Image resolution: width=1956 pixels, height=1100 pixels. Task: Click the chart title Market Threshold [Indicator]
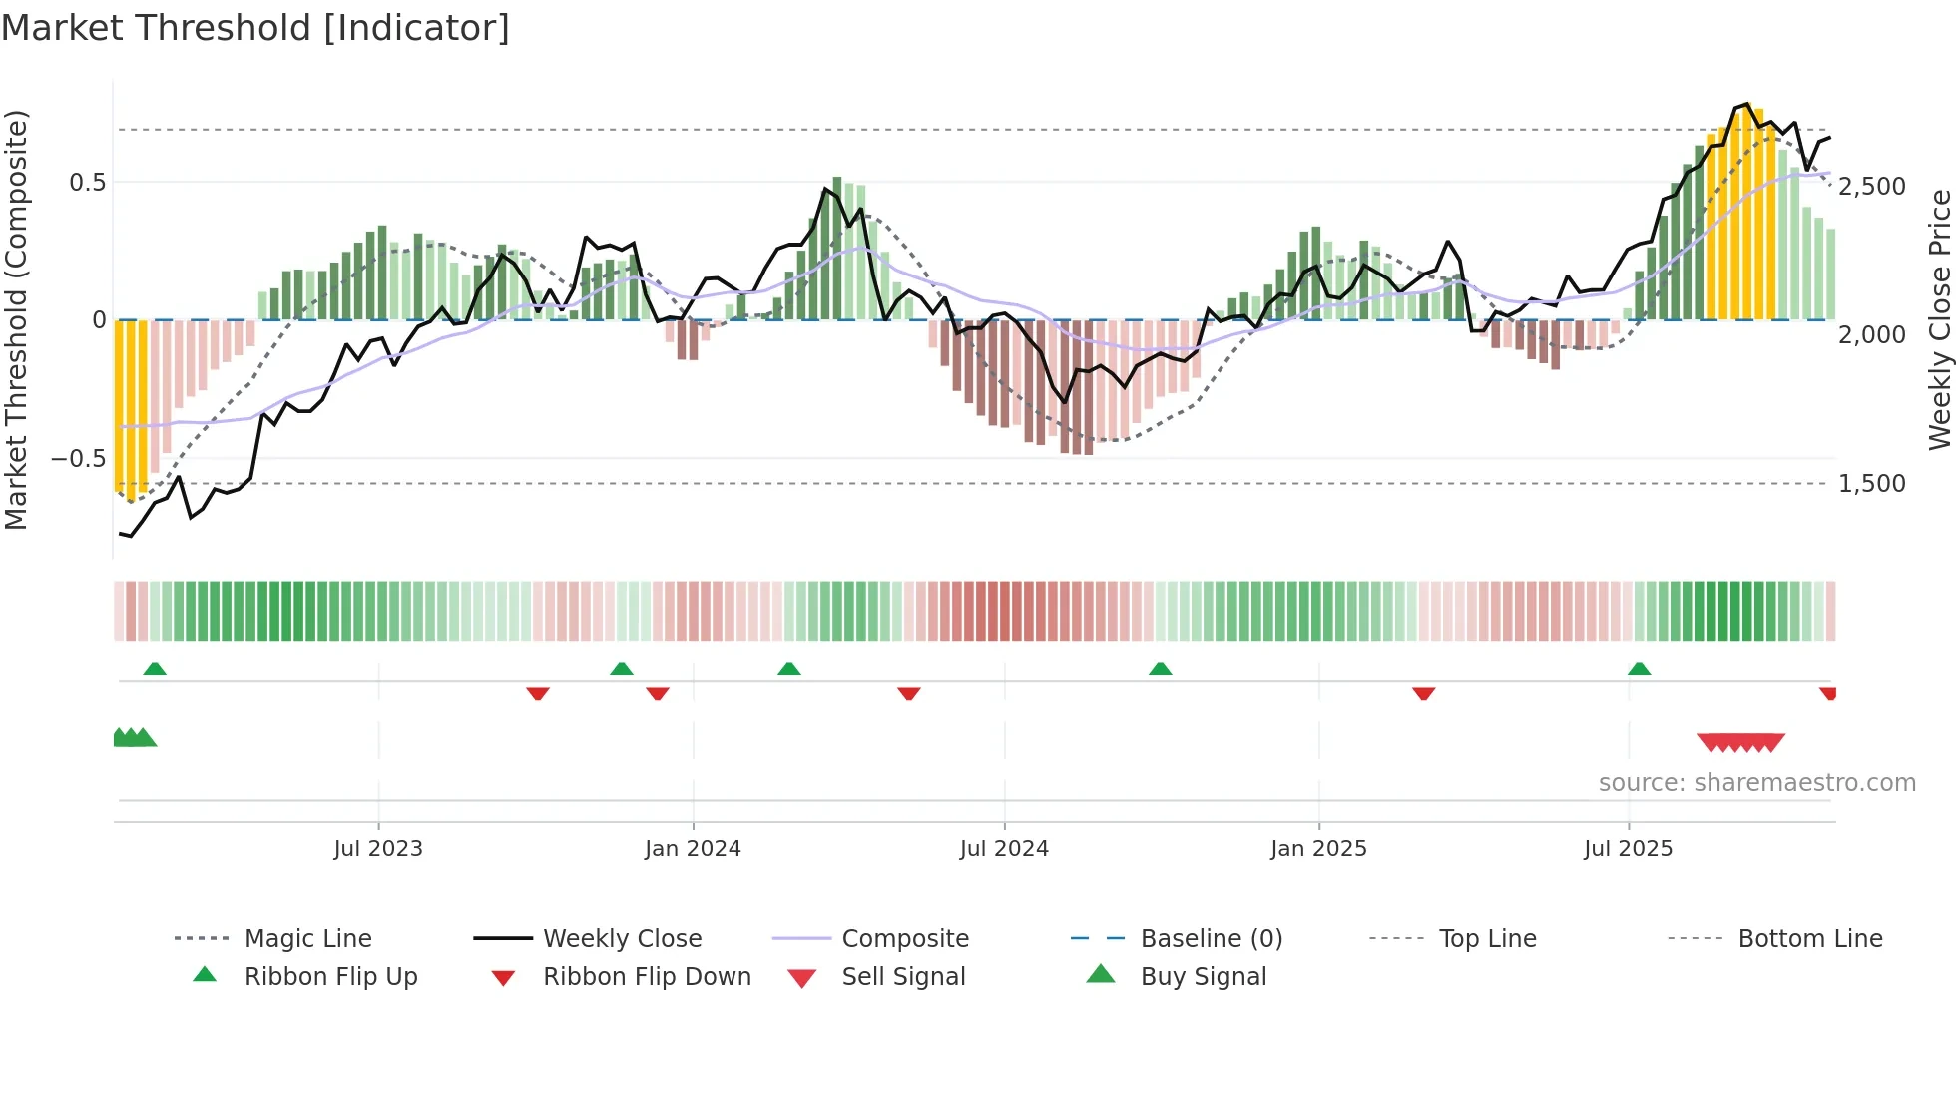tap(255, 28)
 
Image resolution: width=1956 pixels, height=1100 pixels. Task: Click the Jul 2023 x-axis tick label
tap(378, 849)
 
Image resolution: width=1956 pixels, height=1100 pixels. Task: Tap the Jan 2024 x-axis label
tap(693, 849)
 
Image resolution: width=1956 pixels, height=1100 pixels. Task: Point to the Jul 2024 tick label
tap(1004, 849)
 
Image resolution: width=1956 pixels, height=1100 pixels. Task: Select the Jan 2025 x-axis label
tap(1318, 849)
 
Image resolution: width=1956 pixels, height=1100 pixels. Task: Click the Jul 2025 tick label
tap(1628, 849)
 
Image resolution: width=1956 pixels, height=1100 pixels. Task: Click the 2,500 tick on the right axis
tap(1872, 187)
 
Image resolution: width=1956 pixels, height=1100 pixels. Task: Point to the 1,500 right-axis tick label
tap(1872, 484)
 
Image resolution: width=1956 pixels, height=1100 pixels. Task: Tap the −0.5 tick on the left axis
tap(78, 459)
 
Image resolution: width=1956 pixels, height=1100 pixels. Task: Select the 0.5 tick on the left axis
tap(87, 183)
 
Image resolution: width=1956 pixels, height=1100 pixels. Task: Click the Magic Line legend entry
tap(307, 939)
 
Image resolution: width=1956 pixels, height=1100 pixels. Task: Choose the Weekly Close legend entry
tap(622, 939)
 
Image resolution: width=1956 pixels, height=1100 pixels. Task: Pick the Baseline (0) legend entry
tap(1211, 939)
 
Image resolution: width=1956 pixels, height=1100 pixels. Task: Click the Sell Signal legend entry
tap(903, 977)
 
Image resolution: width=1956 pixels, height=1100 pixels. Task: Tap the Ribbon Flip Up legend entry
tap(330, 977)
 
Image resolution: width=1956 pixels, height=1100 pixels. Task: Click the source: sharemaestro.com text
tap(1756, 783)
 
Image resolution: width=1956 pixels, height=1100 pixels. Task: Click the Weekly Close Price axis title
tap(1939, 319)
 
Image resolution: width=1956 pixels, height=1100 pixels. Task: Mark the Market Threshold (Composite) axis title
tap(17, 319)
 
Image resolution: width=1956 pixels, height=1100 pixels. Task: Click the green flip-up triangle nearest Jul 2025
tap(1639, 669)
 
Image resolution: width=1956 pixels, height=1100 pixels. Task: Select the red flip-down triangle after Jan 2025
tap(1423, 693)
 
